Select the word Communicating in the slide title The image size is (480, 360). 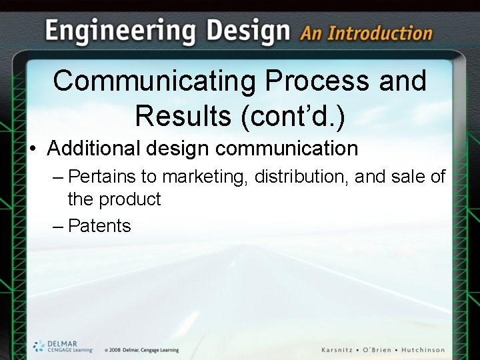pos(154,81)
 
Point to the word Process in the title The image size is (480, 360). pos(316,81)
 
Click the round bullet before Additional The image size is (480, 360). pos(33,149)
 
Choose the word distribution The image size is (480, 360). pos(301,177)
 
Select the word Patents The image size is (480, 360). pos(99,226)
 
